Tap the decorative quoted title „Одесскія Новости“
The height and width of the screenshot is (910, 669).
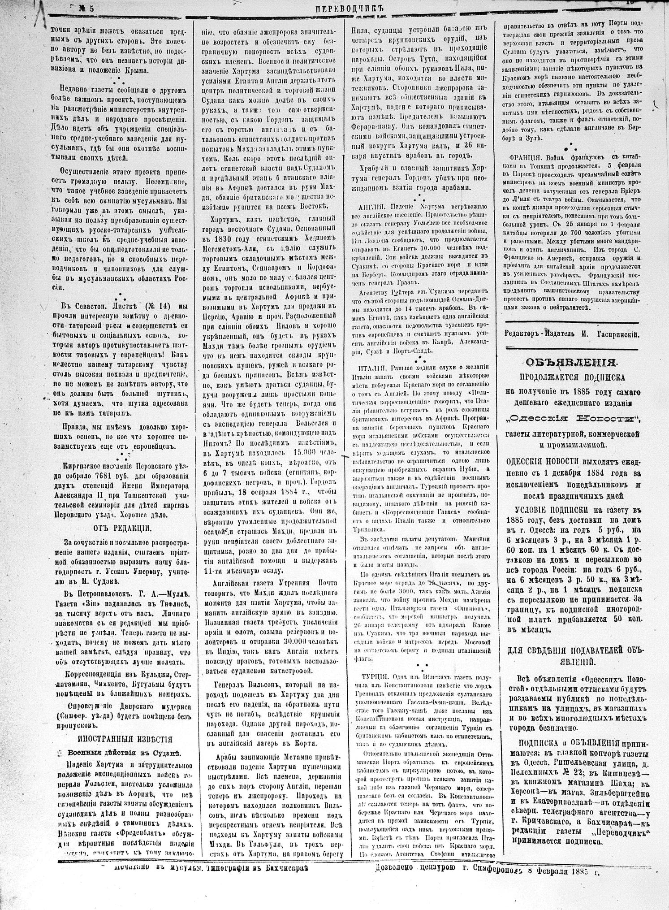573,419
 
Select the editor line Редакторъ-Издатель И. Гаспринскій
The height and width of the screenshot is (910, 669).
573,334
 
